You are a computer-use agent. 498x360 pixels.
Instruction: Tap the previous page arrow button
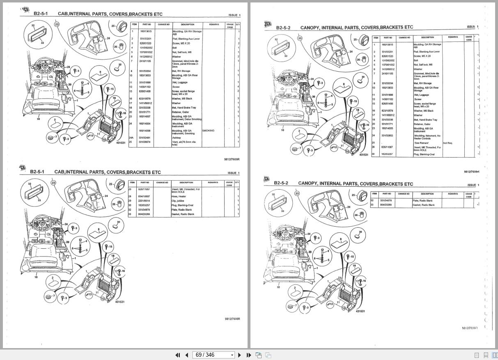(x=186, y=355)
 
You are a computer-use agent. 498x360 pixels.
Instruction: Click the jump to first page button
(x=177, y=355)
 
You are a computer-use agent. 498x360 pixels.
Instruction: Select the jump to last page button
(x=249, y=355)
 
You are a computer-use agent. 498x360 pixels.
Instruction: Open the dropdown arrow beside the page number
(x=232, y=355)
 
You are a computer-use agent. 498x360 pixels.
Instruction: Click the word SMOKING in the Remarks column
(x=208, y=131)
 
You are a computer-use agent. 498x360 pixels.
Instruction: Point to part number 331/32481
(x=145, y=138)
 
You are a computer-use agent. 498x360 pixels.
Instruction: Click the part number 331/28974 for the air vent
(x=145, y=142)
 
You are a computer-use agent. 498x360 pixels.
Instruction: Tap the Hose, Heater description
(x=179, y=196)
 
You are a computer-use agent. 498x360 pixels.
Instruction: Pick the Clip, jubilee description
(x=178, y=201)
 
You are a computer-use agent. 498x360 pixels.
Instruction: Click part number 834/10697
(x=144, y=196)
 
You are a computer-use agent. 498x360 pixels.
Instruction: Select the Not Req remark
(x=448, y=143)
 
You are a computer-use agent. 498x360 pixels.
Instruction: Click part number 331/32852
(x=387, y=135)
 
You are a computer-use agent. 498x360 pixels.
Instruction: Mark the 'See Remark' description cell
(x=421, y=143)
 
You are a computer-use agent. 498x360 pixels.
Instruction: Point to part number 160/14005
(x=387, y=128)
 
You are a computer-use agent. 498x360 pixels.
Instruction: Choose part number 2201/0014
(x=144, y=201)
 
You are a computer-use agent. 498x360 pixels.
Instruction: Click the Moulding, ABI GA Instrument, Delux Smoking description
(x=186, y=118)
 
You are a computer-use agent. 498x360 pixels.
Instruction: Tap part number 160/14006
(x=145, y=131)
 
